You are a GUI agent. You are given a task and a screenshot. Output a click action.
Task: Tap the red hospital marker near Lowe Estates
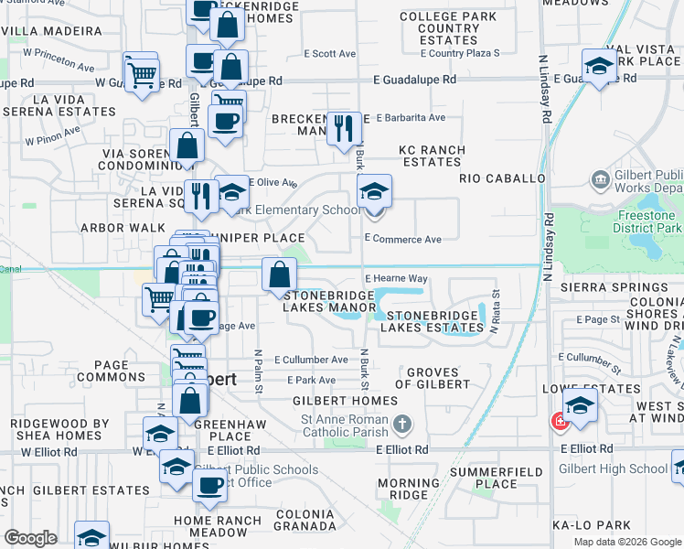pyautogui.click(x=557, y=422)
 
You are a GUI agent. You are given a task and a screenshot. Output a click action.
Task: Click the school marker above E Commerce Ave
pyautogui.click(x=373, y=192)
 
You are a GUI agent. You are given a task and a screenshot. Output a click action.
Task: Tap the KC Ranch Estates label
pyautogui.click(x=433, y=156)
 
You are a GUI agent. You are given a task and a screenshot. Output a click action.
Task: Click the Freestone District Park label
pyautogui.click(x=647, y=221)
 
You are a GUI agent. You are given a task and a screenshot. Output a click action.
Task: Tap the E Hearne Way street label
pyautogui.click(x=396, y=278)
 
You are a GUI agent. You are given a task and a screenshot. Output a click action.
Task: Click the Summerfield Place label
pyautogui.click(x=484, y=478)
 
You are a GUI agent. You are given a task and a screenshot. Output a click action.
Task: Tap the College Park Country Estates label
pyautogui.click(x=448, y=28)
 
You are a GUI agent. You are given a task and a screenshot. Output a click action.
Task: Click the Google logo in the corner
pyautogui.click(x=30, y=538)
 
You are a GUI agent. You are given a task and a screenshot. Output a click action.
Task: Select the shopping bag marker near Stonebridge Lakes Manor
pyautogui.click(x=279, y=274)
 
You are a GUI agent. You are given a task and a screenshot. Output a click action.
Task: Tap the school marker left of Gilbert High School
pyautogui.click(x=580, y=404)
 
